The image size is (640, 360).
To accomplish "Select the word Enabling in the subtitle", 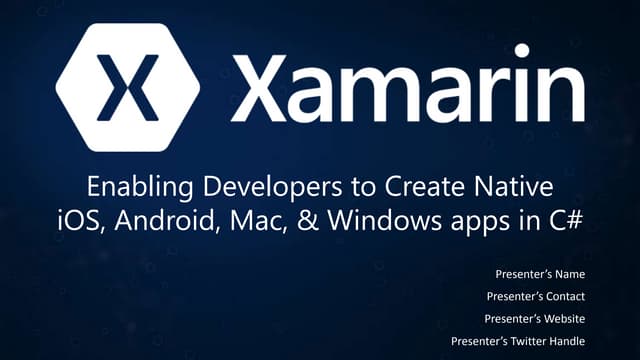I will pyautogui.click(x=127, y=187).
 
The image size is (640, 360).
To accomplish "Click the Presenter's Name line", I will pyautogui.click(x=540, y=273).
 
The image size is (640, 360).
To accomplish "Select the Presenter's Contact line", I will pyautogui.click(x=535, y=296).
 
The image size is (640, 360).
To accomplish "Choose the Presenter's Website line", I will pyautogui.click(x=535, y=318).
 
